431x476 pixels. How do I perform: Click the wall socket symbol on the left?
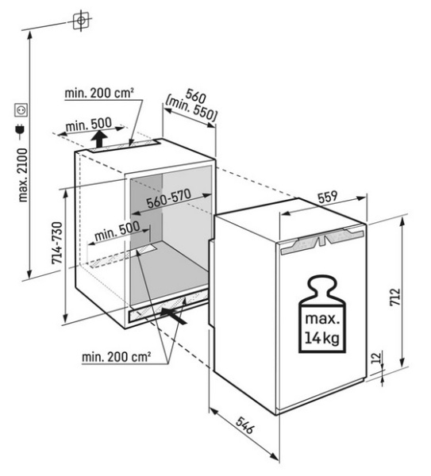(x=21, y=109)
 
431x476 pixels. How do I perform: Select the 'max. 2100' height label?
(x=23, y=175)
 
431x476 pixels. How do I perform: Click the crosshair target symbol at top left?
(x=81, y=21)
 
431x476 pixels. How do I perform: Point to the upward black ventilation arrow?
(x=99, y=140)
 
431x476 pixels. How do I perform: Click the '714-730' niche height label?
(x=57, y=243)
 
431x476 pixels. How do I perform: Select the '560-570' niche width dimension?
(x=168, y=198)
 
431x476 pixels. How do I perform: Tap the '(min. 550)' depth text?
(x=190, y=109)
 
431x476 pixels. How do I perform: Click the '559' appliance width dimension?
(x=328, y=197)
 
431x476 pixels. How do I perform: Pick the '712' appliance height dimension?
(x=395, y=297)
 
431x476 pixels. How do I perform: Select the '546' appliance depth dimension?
(x=244, y=425)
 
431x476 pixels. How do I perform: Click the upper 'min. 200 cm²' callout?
(x=99, y=93)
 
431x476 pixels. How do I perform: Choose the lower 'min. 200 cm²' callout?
(x=117, y=357)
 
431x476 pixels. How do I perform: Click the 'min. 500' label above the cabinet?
(x=89, y=124)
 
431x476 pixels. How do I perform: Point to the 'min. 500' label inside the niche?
(x=117, y=232)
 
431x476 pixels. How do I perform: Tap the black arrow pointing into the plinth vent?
(x=174, y=316)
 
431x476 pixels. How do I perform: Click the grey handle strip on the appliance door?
(x=322, y=240)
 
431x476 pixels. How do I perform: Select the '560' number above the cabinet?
(x=196, y=95)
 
